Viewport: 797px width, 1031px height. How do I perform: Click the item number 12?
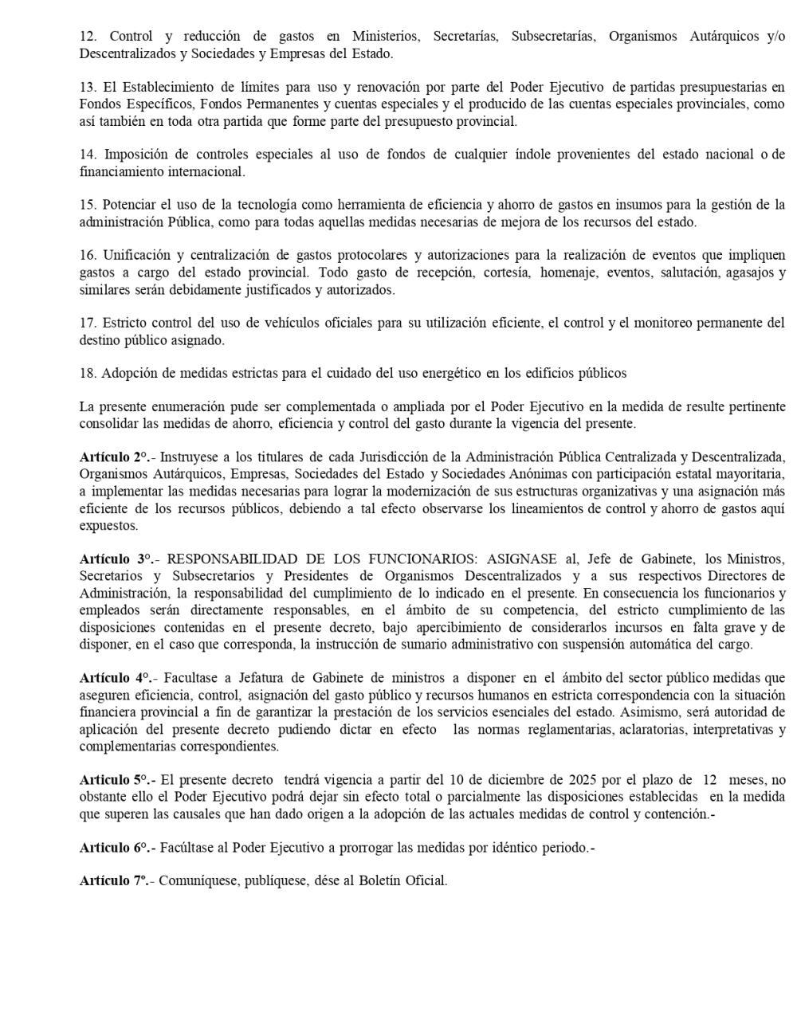[88, 37]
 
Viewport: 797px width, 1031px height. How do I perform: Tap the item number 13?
[88, 87]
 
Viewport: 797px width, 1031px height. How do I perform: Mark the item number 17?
[88, 323]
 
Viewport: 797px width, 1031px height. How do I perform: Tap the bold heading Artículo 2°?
[115, 457]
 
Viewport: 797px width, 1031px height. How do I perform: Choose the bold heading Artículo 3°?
[116, 559]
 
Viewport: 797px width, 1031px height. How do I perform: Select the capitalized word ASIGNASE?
[522, 559]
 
